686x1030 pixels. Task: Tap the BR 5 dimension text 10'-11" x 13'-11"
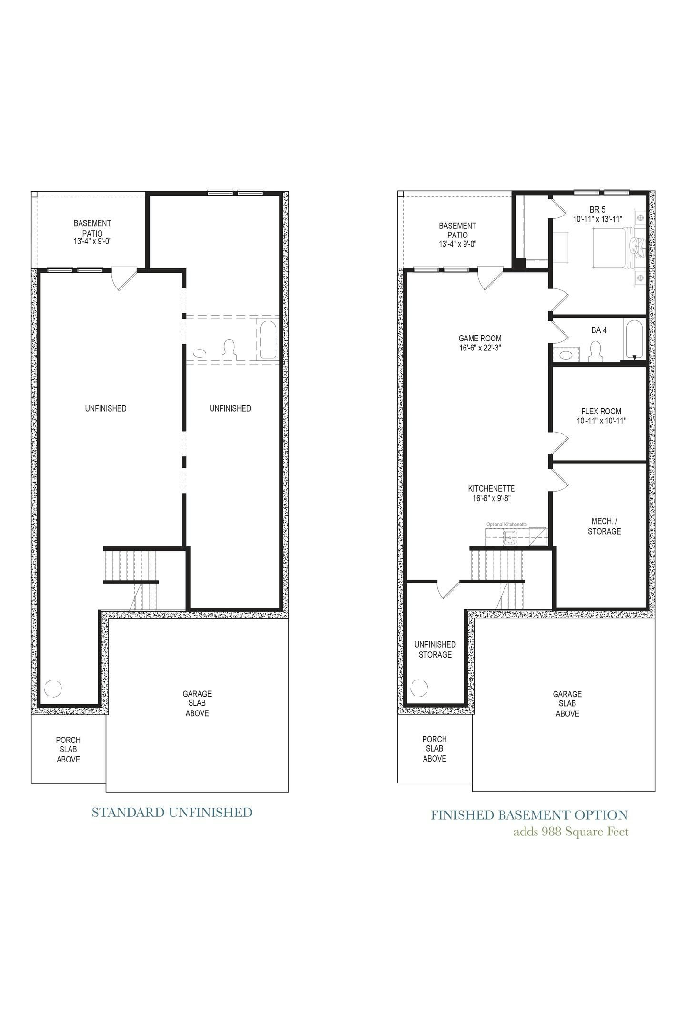[x=597, y=219]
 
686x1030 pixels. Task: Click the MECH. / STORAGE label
[x=604, y=526]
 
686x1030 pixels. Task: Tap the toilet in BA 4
[x=595, y=352]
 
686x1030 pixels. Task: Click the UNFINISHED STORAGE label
[x=434, y=649]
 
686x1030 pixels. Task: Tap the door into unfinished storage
[x=448, y=589]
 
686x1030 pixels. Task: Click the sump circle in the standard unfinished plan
[x=53, y=688]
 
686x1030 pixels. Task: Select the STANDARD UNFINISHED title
[x=171, y=813]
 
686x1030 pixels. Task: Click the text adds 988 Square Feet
[x=571, y=832]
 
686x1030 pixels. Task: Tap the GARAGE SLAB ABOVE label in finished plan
[x=567, y=703]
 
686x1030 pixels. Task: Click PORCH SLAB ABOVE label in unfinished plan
[x=68, y=749]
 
